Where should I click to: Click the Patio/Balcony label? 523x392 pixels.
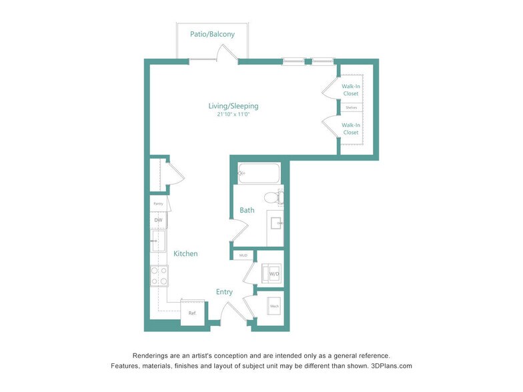pos(213,34)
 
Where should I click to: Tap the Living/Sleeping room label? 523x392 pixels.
pos(233,106)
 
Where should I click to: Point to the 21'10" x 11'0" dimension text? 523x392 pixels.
pos(233,115)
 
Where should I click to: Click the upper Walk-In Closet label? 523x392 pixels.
pos(351,90)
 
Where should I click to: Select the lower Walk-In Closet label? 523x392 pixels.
pos(351,129)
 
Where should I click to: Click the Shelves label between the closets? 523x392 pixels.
pos(351,107)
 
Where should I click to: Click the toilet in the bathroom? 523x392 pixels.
pos(272,198)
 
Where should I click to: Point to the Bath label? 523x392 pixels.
pos(247,211)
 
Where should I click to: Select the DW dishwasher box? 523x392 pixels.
pos(159,220)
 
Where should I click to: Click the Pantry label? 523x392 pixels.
pos(158,204)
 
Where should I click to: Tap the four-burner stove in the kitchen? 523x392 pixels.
pos(159,275)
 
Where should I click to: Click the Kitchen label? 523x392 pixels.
pos(185,254)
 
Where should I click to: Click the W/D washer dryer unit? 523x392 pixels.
pos(274,273)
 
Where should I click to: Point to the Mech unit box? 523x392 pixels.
pos(274,307)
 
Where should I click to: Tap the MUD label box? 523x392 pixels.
pos(243,255)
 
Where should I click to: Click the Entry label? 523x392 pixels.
pos(224,292)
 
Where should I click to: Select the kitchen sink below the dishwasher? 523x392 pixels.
pos(158,241)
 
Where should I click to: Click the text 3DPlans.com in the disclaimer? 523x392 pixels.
pos(392,366)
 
